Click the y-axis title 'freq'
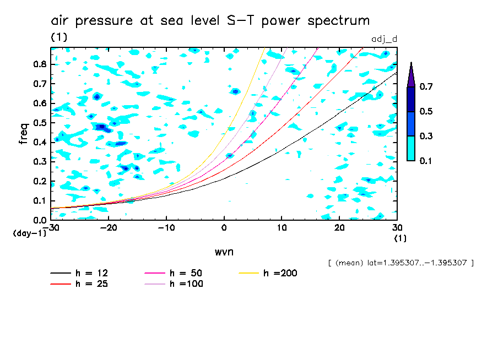click(x=24, y=134)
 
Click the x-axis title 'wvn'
click(x=224, y=252)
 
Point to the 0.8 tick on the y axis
click(x=39, y=64)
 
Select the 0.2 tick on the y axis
click(x=39, y=181)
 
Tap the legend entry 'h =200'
click(x=280, y=273)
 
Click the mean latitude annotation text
click(x=400, y=263)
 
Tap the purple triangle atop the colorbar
click(x=411, y=74)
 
